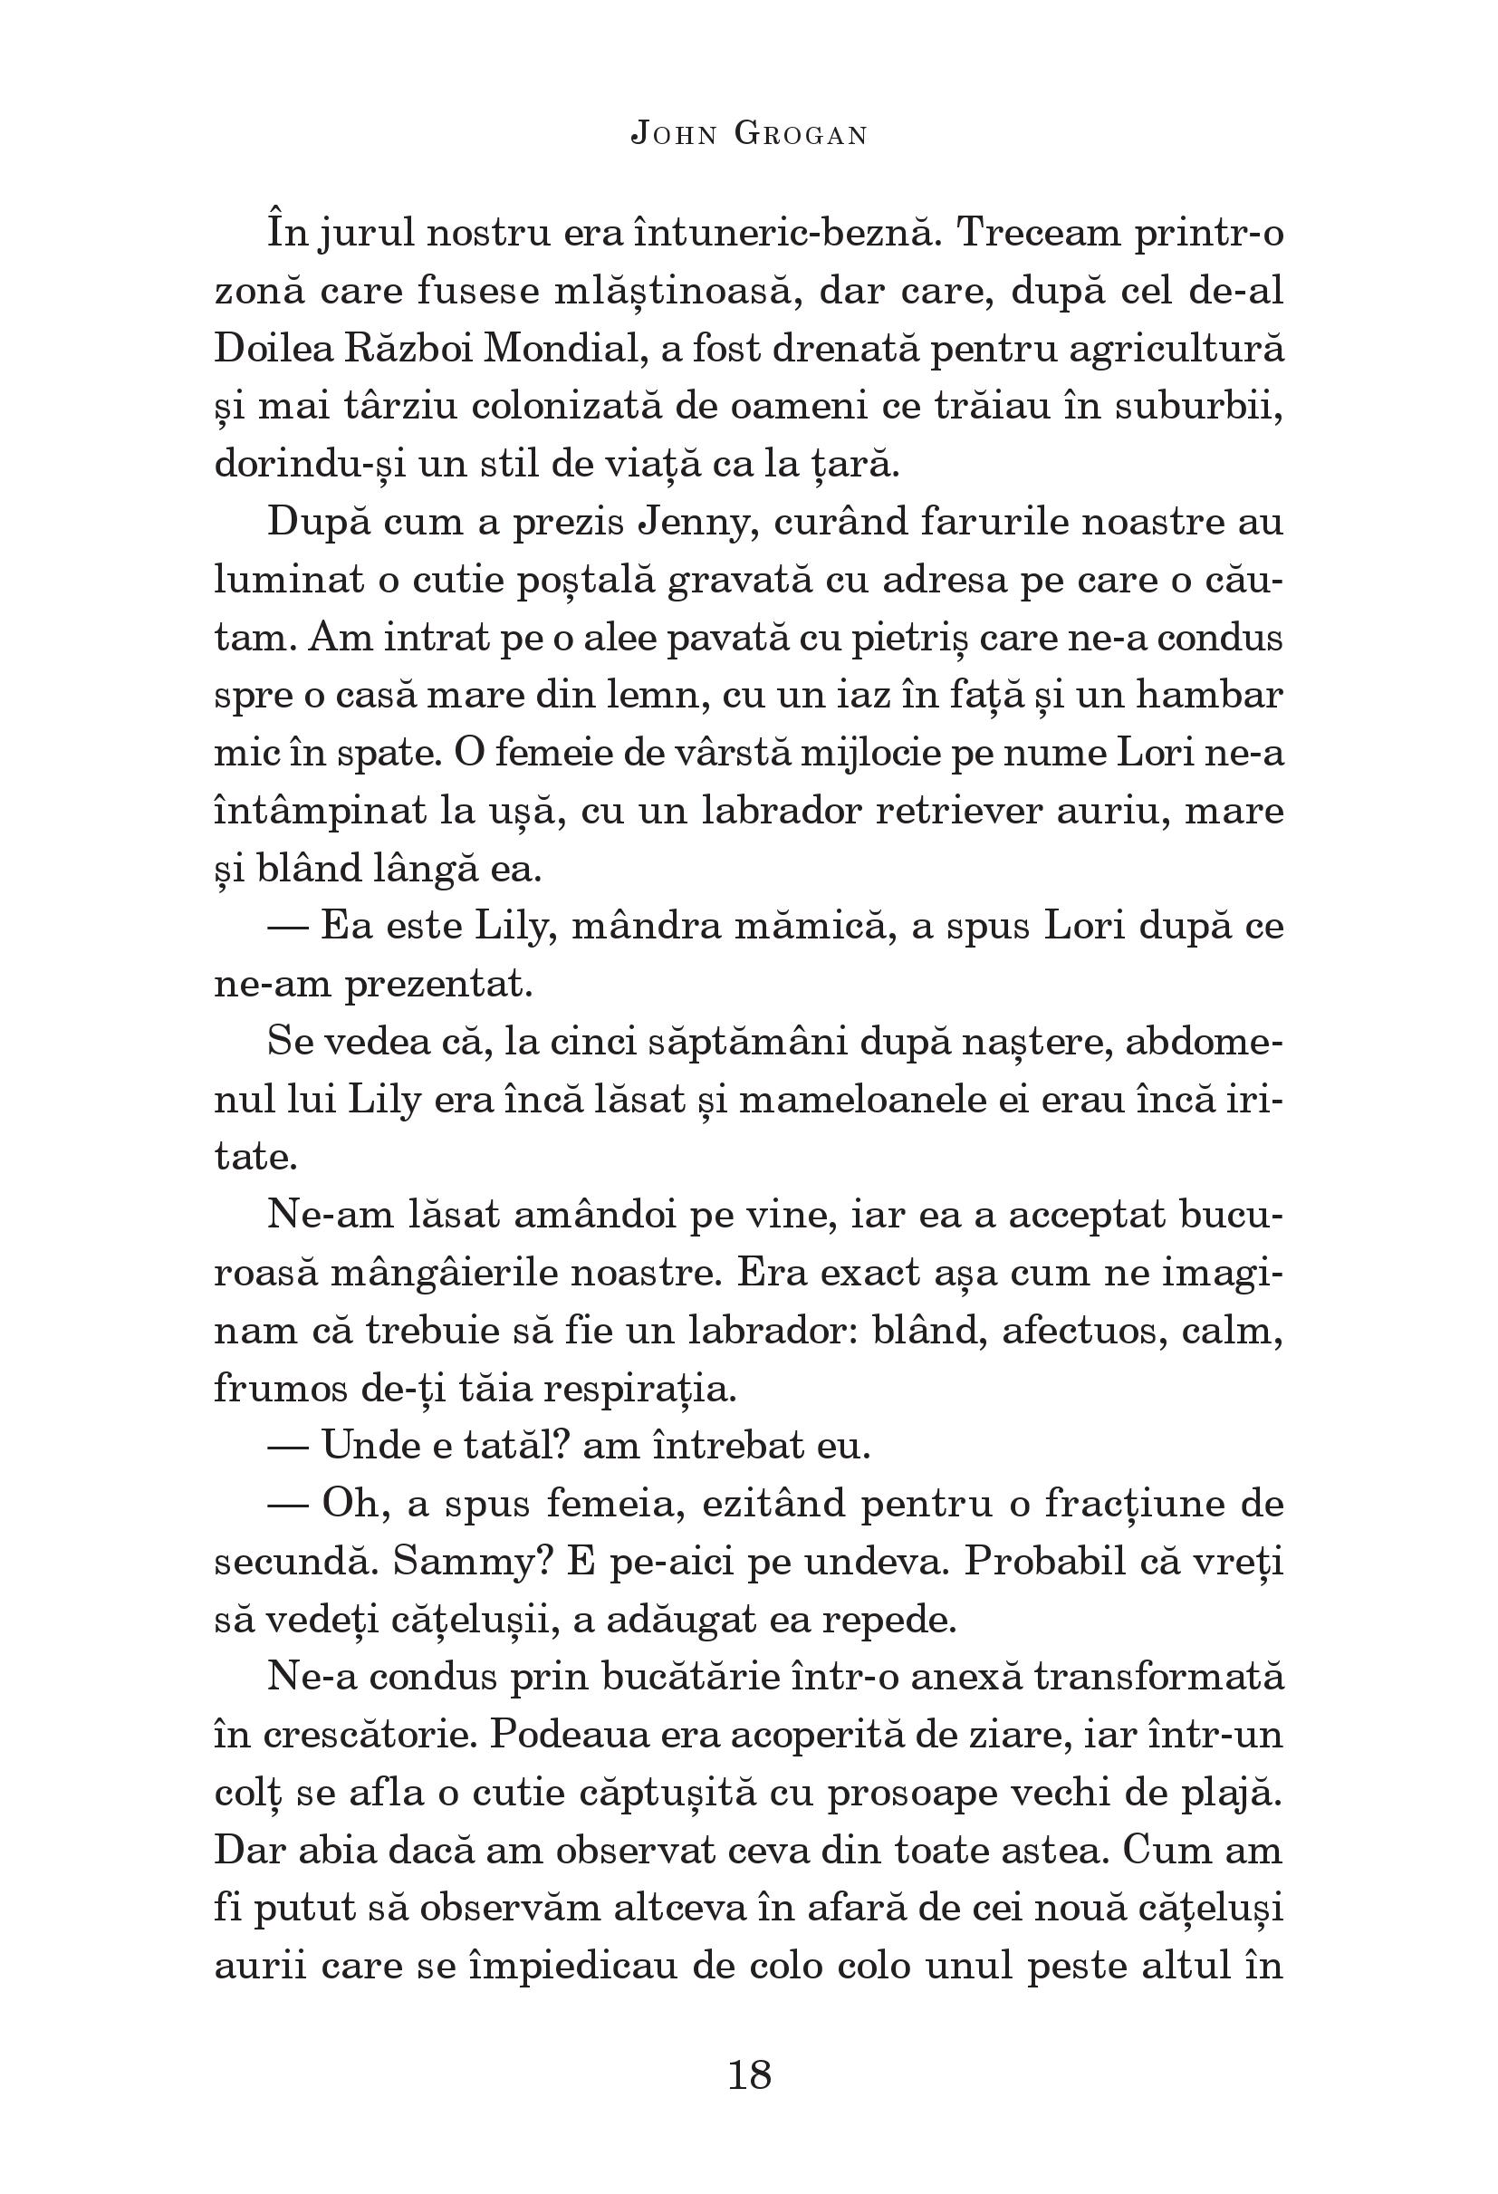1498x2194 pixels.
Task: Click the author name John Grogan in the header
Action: (x=748, y=136)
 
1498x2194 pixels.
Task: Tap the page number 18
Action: (x=750, y=2074)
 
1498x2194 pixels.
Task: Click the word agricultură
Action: (x=1176, y=350)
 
